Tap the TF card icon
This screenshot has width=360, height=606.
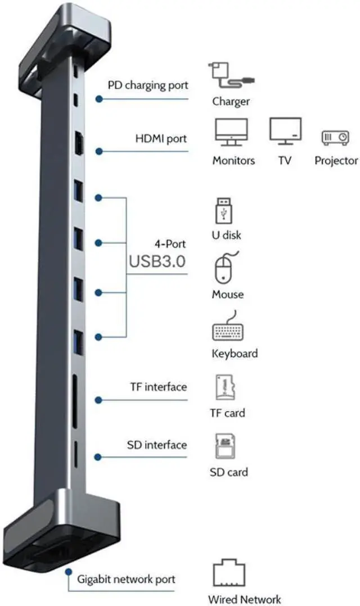[225, 388]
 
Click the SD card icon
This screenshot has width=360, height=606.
[226, 447]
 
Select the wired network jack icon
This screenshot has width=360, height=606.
[229, 574]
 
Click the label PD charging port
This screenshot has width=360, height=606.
[148, 86]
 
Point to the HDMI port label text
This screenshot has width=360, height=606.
[161, 138]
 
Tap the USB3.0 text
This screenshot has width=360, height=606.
[157, 261]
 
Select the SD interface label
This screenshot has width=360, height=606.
[156, 445]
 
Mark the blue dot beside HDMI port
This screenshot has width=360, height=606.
[99, 151]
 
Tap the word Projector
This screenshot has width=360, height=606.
[336, 161]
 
